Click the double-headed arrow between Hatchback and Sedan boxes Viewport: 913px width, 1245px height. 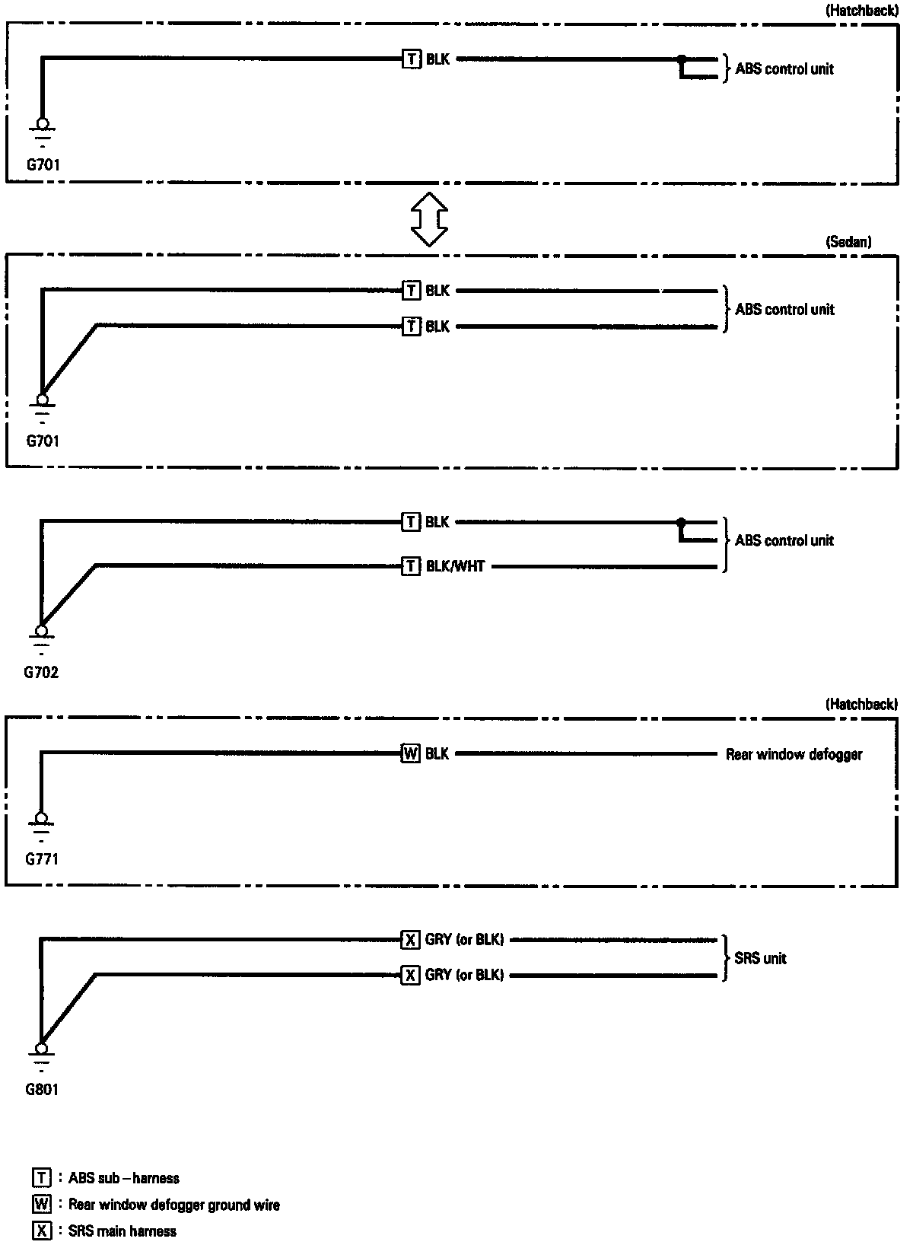click(x=429, y=218)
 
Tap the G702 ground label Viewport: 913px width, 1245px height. click(x=41, y=672)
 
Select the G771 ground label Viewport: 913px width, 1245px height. click(x=42, y=859)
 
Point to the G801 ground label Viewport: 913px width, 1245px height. click(x=42, y=1089)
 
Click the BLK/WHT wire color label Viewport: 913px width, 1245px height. click(x=455, y=566)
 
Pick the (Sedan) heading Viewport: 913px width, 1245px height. click(x=848, y=242)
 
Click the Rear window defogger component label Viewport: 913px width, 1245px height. click(x=794, y=754)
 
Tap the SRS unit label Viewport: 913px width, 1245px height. click(x=760, y=958)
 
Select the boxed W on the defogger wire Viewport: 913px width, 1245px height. click(x=410, y=754)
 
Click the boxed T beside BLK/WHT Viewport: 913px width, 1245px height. click(x=410, y=566)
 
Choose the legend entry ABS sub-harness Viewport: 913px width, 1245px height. click(x=123, y=1178)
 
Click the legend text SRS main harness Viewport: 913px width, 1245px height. click(x=122, y=1231)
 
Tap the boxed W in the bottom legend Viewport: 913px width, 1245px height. click(x=42, y=1205)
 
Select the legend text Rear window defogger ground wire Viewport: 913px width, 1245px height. click(x=173, y=1205)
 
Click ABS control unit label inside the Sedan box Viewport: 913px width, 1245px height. click(x=784, y=309)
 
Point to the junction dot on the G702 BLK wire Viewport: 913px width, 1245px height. click(x=681, y=523)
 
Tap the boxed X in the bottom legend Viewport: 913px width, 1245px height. click(x=42, y=1231)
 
